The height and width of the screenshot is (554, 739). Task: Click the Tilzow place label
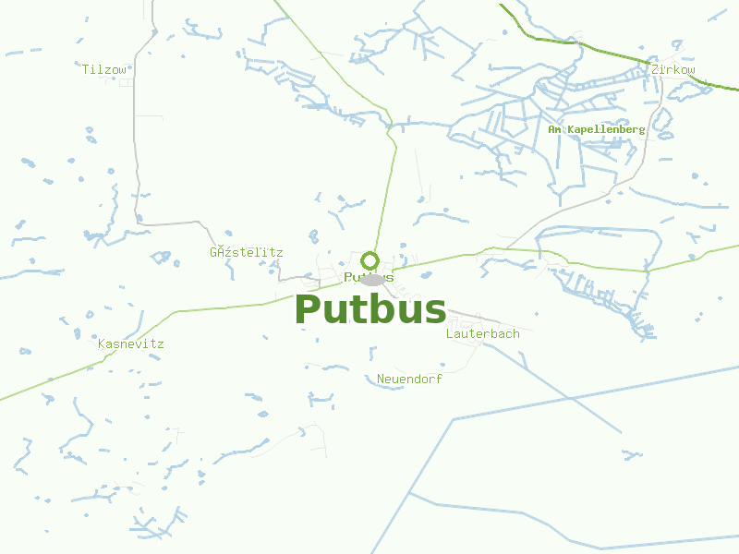pos(104,69)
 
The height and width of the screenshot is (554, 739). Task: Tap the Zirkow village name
pos(672,69)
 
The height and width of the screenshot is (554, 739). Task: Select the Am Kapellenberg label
pos(597,130)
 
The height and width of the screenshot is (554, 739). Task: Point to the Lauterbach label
pos(482,333)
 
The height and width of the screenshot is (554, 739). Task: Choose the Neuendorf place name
pos(409,379)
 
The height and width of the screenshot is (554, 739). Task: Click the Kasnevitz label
pos(130,344)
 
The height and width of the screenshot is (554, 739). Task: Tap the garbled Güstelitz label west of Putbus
pos(246,252)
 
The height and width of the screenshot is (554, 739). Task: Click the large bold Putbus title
pos(370,309)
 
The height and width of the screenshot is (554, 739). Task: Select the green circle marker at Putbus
pos(370,260)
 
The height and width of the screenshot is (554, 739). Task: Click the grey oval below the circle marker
pos(373,280)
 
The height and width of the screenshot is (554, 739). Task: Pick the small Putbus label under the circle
pos(369,277)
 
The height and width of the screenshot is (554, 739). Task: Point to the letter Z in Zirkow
pos(654,69)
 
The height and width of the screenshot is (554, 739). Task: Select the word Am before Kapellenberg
pos(555,130)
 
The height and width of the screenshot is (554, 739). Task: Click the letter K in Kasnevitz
pos(102,344)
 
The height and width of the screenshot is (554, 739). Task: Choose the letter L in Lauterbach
pos(450,333)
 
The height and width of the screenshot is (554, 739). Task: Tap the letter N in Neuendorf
pos(381,379)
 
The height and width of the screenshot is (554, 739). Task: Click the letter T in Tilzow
pos(85,69)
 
